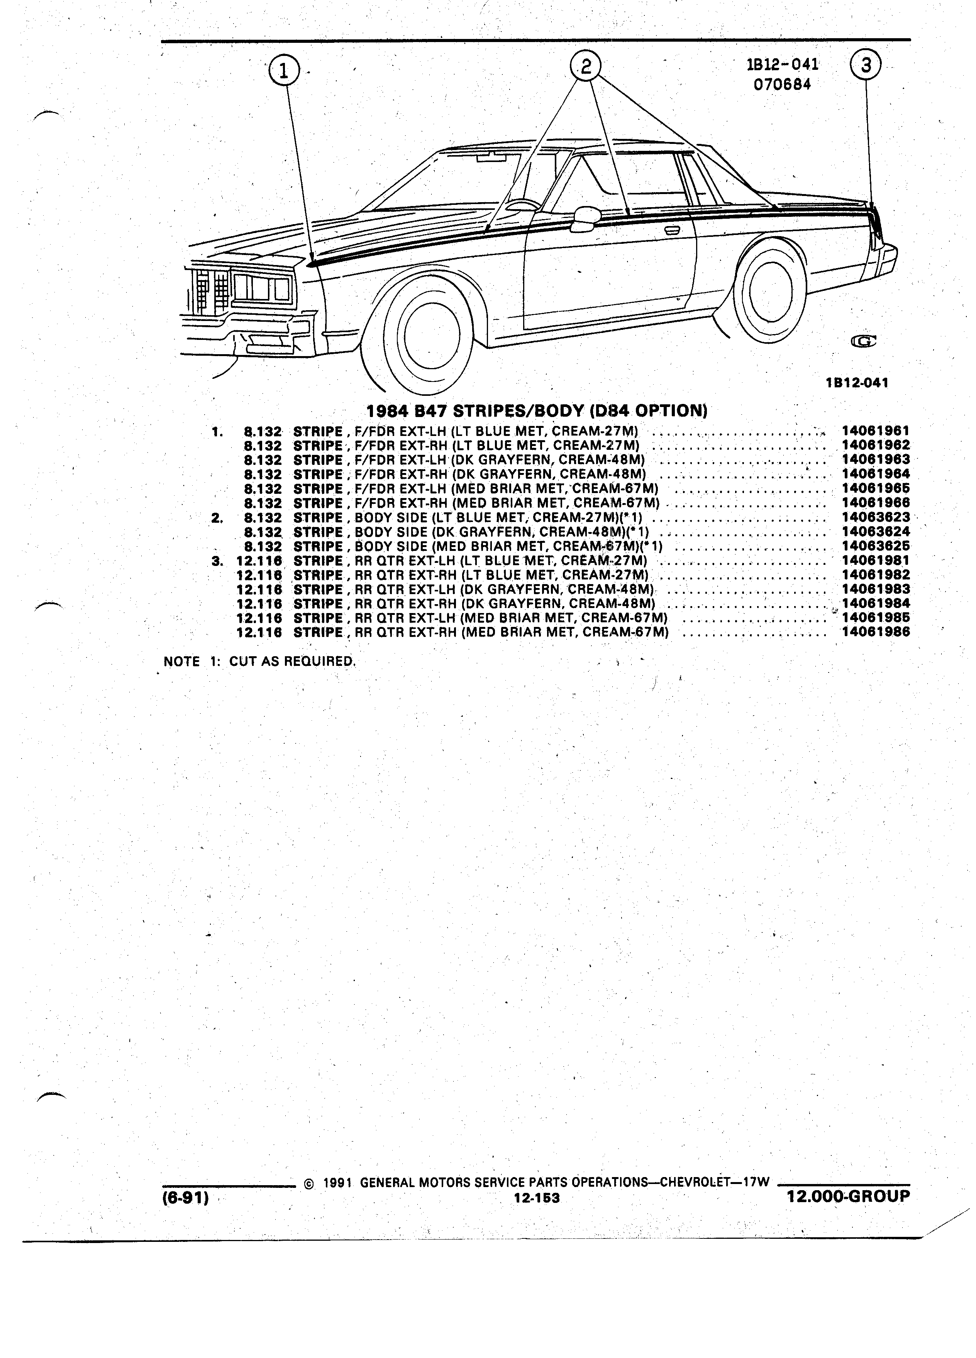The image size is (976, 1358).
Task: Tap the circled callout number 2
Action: pyautogui.click(x=585, y=65)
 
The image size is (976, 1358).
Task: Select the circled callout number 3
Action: pyautogui.click(x=866, y=65)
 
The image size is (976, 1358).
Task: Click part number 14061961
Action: pyautogui.click(x=875, y=431)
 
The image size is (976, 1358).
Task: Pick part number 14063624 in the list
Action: pyautogui.click(x=875, y=532)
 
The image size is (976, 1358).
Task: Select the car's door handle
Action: pyautogui.click(x=672, y=229)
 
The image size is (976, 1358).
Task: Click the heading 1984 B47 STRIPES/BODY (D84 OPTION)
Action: pyautogui.click(x=537, y=411)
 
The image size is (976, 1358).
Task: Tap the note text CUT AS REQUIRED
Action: pyautogui.click(x=292, y=662)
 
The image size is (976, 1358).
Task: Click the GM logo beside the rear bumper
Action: pyautogui.click(x=863, y=342)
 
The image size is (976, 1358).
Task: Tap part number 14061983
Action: pyautogui.click(x=875, y=589)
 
